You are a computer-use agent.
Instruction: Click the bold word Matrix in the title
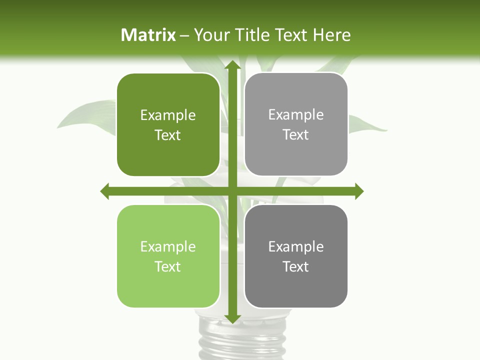point(148,35)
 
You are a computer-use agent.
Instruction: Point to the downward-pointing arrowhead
point(232,318)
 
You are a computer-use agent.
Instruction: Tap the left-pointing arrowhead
point(105,191)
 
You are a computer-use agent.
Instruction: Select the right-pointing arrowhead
point(359,191)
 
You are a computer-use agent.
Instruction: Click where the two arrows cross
point(232,191)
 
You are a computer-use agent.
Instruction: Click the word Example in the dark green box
point(168,115)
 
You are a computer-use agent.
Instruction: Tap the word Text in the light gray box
point(296,135)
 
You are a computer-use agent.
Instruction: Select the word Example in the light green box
point(168,247)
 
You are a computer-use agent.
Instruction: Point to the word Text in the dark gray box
point(296,266)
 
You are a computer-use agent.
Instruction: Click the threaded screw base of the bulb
point(231,340)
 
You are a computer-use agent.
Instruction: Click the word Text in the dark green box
point(168,135)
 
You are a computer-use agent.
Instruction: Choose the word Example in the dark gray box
point(296,247)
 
